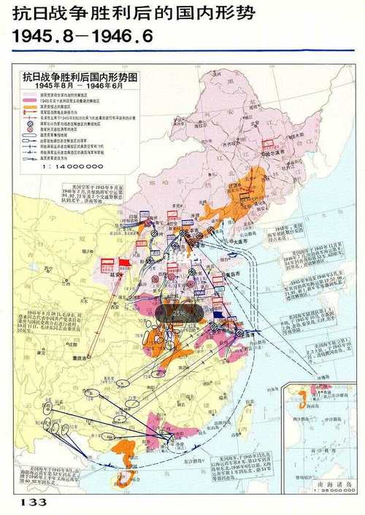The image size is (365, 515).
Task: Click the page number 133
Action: coord(34,503)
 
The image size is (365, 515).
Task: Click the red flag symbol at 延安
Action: coord(125,263)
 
